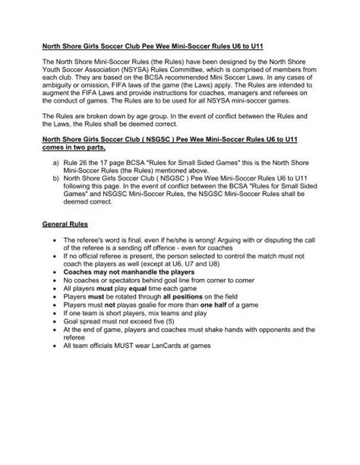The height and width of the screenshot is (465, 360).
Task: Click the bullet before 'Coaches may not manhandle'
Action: (x=55, y=290)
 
